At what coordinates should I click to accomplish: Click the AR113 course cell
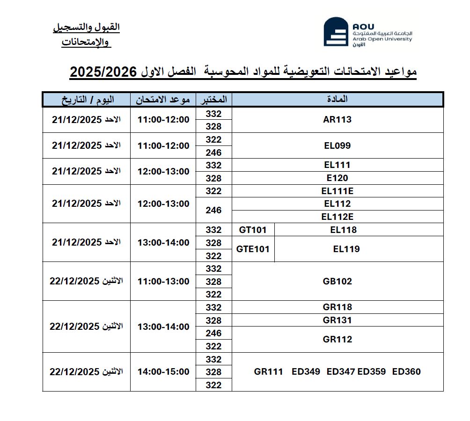pyautogui.click(x=337, y=119)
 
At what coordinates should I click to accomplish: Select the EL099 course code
pyautogui.click(x=337, y=145)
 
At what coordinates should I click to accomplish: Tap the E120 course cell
pyautogui.click(x=337, y=178)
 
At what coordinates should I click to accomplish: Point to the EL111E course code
pyautogui.click(x=337, y=190)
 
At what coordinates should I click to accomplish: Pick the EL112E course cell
pyautogui.click(x=337, y=217)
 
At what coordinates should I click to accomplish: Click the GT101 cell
pyautogui.click(x=252, y=230)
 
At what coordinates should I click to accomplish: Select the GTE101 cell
pyautogui.click(x=253, y=249)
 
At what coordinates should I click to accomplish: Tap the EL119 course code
pyautogui.click(x=346, y=249)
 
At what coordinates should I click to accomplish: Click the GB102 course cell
pyautogui.click(x=337, y=281)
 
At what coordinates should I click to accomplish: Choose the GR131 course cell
pyautogui.click(x=337, y=320)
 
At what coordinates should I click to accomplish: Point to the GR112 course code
pyautogui.click(x=337, y=339)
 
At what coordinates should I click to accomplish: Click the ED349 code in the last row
pyautogui.click(x=306, y=371)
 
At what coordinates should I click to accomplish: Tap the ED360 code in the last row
pyautogui.click(x=406, y=371)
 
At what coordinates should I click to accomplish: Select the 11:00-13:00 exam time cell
pyautogui.click(x=163, y=281)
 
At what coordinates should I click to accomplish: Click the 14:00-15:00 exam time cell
pyautogui.click(x=163, y=371)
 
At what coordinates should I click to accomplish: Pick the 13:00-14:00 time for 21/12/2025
pyautogui.click(x=163, y=242)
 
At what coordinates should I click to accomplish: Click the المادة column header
pyautogui.click(x=337, y=99)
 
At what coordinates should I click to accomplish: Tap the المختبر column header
pyautogui.click(x=213, y=99)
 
